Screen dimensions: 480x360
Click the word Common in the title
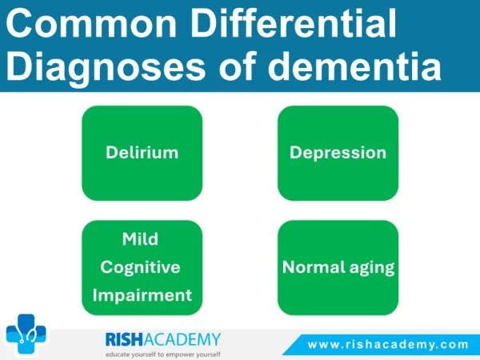tap(91, 23)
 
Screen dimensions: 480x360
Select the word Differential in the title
tap(294, 22)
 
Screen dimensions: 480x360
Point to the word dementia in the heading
tap(354, 66)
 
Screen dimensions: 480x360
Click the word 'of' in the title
tap(237, 66)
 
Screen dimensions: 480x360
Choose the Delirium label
tap(142, 153)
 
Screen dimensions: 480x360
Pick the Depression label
tap(338, 153)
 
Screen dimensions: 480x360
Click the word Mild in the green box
tap(140, 238)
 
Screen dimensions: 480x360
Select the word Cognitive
tap(140, 267)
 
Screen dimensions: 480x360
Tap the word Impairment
tap(142, 295)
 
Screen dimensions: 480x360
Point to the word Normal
tap(314, 267)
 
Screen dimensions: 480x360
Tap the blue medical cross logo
tap(26, 334)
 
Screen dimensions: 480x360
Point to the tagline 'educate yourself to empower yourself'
tap(163, 354)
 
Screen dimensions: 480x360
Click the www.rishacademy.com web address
tap(388, 345)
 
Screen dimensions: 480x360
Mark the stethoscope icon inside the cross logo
tap(27, 335)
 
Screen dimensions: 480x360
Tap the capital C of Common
tap(18, 23)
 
